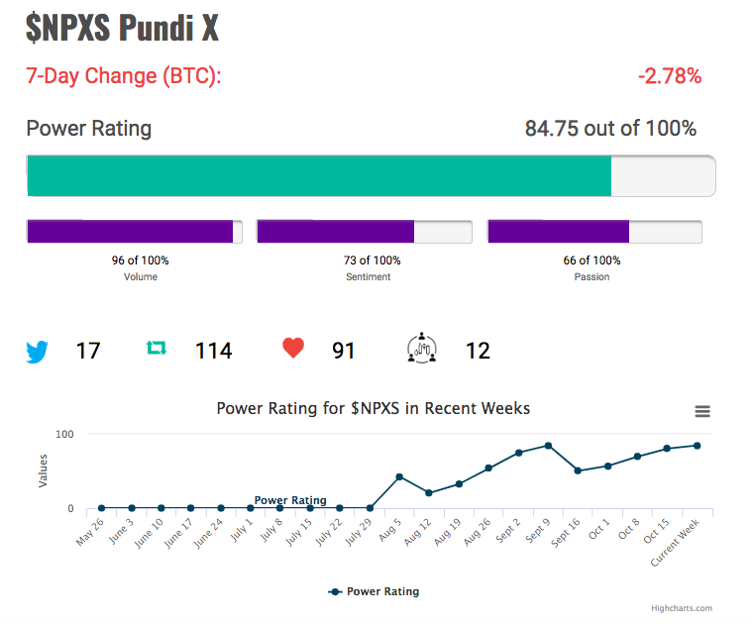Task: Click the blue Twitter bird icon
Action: pos(37,352)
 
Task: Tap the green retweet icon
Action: pos(157,348)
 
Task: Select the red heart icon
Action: pos(293,348)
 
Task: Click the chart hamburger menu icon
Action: pos(702,411)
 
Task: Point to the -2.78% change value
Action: pos(670,76)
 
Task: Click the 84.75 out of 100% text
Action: pos(610,128)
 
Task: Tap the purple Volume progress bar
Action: pos(130,232)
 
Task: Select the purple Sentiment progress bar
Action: pos(336,232)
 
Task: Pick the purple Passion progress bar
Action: pos(559,232)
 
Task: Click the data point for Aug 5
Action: pos(399,476)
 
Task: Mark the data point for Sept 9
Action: pos(548,446)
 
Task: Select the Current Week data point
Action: pos(698,446)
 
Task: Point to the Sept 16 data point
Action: pos(578,470)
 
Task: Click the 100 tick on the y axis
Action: pos(64,435)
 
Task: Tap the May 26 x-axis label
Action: pos(90,532)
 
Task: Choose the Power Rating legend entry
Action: pos(374,591)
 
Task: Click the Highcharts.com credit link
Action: pos(682,608)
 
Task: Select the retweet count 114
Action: pos(214,351)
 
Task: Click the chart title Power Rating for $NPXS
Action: pos(374,408)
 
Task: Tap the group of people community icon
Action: pos(422,348)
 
